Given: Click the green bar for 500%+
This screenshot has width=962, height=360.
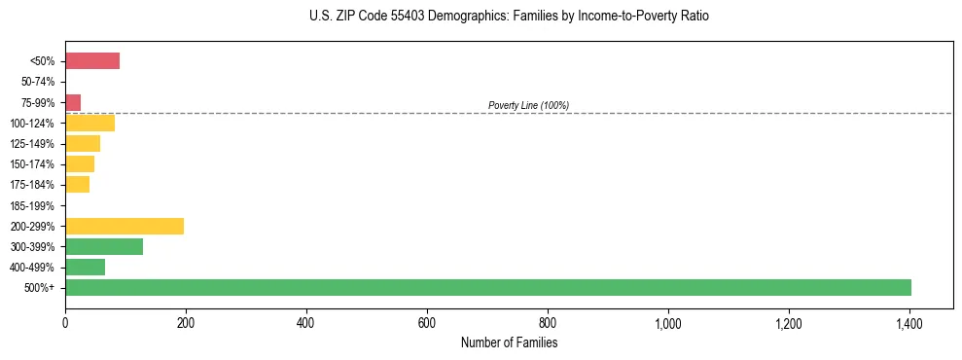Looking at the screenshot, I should (x=488, y=287).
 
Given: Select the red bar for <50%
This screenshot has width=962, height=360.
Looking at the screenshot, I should (x=92, y=61).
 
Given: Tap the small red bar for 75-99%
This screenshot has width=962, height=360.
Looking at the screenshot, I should (x=73, y=102).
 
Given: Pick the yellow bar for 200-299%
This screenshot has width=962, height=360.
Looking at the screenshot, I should (x=125, y=226).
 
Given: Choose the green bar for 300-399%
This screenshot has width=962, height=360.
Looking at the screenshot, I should (x=104, y=246).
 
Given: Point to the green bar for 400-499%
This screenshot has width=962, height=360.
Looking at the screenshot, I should (x=85, y=267).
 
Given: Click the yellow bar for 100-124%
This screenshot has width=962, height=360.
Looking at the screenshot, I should (x=89, y=123).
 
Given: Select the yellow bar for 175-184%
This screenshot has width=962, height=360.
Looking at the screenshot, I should (x=77, y=185).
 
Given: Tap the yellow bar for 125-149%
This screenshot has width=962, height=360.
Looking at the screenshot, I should (x=83, y=144).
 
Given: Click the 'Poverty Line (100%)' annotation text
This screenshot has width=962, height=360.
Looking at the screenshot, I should (x=528, y=105).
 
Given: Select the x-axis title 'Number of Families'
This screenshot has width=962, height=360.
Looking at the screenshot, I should (x=509, y=342).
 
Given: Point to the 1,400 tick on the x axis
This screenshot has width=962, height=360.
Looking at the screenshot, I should (x=909, y=322).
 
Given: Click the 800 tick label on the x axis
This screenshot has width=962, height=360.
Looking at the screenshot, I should (x=548, y=322).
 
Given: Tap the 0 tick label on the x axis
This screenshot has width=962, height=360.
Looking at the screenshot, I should (x=65, y=322).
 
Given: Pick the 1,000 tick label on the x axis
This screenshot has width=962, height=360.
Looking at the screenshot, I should (x=668, y=322).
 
